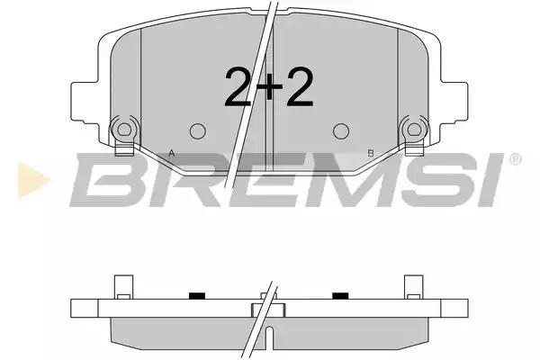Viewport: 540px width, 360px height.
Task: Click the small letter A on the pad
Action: click(172, 153)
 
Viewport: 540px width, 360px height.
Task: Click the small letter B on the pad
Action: click(371, 153)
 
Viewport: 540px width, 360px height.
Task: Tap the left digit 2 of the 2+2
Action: click(238, 86)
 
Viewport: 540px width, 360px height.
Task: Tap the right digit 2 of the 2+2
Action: click(300, 86)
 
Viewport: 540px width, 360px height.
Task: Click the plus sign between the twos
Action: click(270, 88)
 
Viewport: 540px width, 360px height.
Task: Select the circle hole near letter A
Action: click(198, 131)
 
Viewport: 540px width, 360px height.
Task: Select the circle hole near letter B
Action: click(341, 131)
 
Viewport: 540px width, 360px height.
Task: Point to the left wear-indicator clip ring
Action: click(124, 130)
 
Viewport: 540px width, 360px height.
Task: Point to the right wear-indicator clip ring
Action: click(414, 130)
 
